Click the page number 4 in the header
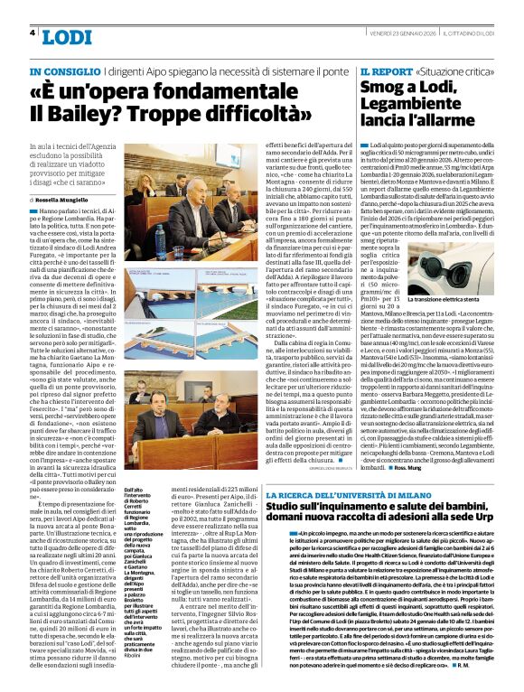pyautogui.click(x=33, y=33)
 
